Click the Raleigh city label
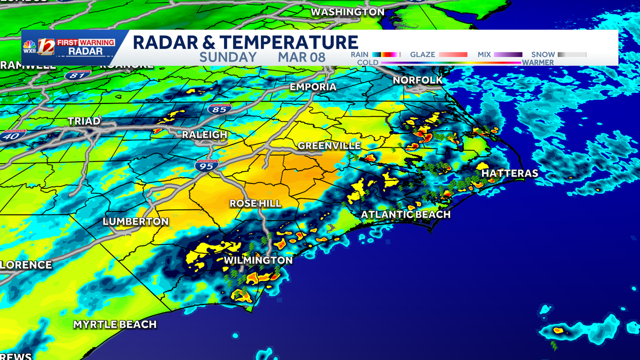[204, 135]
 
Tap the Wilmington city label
[258, 260]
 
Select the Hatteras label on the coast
[509, 173]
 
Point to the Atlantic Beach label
[406, 214]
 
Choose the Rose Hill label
[255, 204]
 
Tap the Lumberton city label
[135, 221]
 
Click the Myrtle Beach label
[115, 324]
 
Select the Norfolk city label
[418, 80]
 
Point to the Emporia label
[313, 87]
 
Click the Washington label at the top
[347, 12]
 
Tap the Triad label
[84, 122]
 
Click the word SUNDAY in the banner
[228, 58]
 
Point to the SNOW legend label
[543, 54]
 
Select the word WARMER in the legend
[538, 62]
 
